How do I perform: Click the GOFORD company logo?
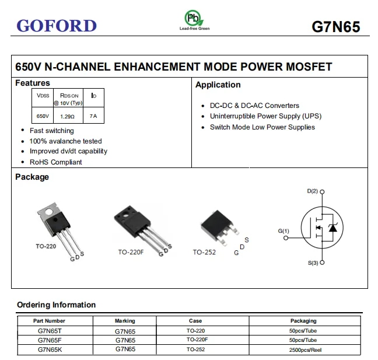click(x=57, y=26)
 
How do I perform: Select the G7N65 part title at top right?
click(x=335, y=27)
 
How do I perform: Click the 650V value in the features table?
click(x=43, y=117)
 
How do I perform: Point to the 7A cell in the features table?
click(x=93, y=117)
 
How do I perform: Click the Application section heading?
click(x=218, y=85)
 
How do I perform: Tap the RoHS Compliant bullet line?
click(x=56, y=162)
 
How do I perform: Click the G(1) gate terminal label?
click(x=283, y=231)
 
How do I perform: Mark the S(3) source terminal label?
click(x=313, y=263)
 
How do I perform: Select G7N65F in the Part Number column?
click(x=49, y=340)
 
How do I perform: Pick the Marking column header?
click(x=125, y=321)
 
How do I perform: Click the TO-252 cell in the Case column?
click(x=195, y=349)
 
